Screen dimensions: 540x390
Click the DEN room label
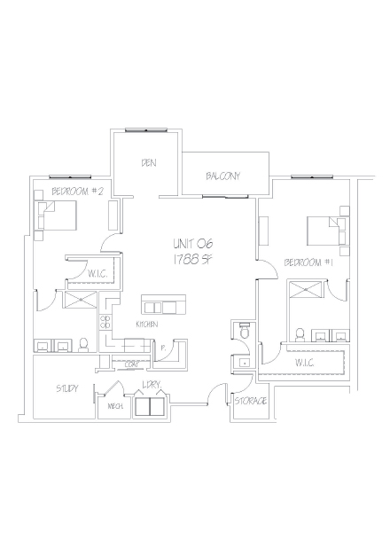pyautogui.click(x=148, y=163)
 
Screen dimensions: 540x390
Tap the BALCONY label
pyautogui.click(x=222, y=176)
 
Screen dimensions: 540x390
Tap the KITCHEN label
pyautogui.click(x=147, y=325)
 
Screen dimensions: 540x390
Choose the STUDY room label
pyautogui.click(x=66, y=388)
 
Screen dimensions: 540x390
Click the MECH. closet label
pyautogui.click(x=115, y=406)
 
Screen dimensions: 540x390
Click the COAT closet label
pyautogui.click(x=132, y=364)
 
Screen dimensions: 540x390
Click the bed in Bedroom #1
pyautogui.click(x=324, y=230)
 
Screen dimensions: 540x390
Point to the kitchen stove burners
pyautogui.click(x=105, y=324)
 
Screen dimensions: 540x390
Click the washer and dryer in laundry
pyautogui.click(x=149, y=406)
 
